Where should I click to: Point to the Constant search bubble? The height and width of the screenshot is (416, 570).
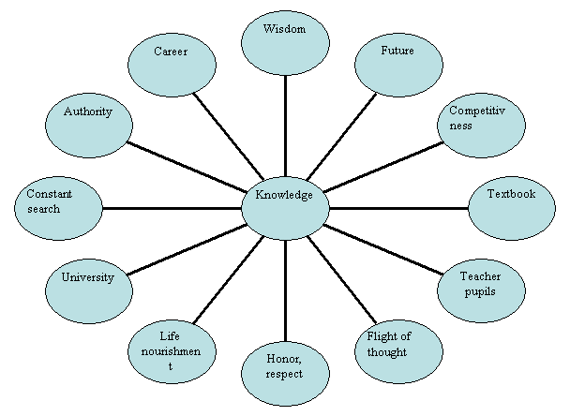(x=57, y=209)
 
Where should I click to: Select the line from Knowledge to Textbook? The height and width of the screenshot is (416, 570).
(x=398, y=207)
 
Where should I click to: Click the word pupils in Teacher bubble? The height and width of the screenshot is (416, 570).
(x=480, y=292)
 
